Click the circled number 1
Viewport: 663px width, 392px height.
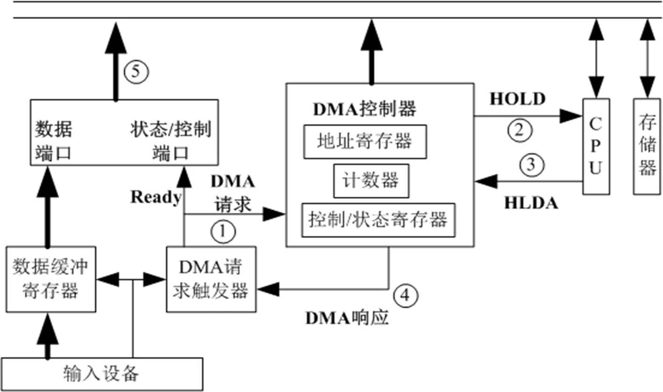223,231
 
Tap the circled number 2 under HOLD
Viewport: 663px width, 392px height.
519,129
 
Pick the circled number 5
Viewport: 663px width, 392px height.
136,71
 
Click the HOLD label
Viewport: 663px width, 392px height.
517,99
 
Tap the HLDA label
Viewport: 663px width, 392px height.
531,203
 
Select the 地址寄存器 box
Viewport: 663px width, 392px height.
365,141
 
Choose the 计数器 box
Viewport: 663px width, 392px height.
370,180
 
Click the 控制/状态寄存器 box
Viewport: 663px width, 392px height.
378,220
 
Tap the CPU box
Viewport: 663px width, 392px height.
595,146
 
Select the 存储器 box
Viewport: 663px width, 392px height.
647,146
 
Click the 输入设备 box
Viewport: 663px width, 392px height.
101,374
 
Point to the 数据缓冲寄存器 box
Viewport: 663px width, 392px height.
50,279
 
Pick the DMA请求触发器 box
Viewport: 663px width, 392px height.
211,279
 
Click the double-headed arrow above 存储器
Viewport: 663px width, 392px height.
647,58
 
